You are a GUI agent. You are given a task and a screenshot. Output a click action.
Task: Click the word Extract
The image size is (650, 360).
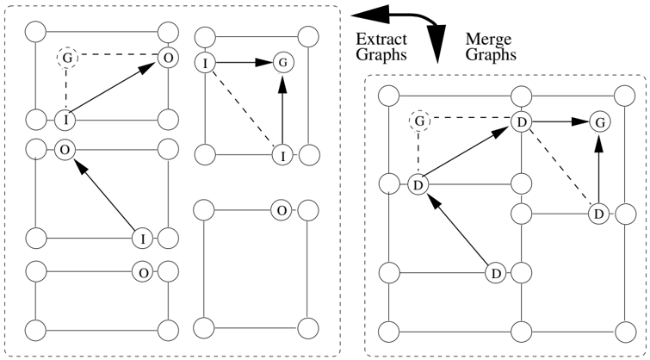(381, 40)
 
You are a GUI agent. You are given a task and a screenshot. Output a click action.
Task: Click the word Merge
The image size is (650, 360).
(488, 40)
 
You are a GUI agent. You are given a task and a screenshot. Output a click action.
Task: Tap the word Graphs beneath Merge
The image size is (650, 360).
(491, 55)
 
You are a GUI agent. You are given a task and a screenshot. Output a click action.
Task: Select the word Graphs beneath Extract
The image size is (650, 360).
(381, 55)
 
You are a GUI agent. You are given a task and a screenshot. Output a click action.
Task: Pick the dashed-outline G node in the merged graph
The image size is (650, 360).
(419, 121)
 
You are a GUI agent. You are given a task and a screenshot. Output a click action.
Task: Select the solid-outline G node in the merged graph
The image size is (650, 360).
(600, 122)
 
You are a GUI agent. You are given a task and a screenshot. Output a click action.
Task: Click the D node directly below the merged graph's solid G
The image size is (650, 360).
(598, 214)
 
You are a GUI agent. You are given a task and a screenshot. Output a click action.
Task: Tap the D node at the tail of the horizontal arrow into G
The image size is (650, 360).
(522, 122)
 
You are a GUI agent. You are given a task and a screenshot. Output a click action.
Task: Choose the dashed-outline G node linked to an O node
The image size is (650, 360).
(67, 59)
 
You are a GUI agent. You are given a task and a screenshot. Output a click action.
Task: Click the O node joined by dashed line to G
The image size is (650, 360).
(168, 58)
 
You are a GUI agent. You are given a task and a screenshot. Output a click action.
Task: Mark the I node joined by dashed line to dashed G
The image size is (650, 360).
(66, 120)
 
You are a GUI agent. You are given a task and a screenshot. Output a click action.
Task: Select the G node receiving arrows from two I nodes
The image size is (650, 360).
(283, 63)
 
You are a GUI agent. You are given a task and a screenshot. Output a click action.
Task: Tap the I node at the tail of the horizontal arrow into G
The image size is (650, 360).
(205, 64)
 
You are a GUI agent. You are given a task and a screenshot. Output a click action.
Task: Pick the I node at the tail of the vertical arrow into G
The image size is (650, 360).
(282, 156)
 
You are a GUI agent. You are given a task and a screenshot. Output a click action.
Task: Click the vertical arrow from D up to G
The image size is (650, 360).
(599, 168)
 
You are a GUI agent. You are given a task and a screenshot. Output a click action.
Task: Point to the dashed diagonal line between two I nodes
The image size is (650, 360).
(244, 109)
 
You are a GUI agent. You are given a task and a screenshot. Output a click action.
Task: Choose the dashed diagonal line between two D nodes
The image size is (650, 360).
(560, 168)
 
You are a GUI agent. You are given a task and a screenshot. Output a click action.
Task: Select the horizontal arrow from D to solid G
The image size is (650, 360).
(560, 122)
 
